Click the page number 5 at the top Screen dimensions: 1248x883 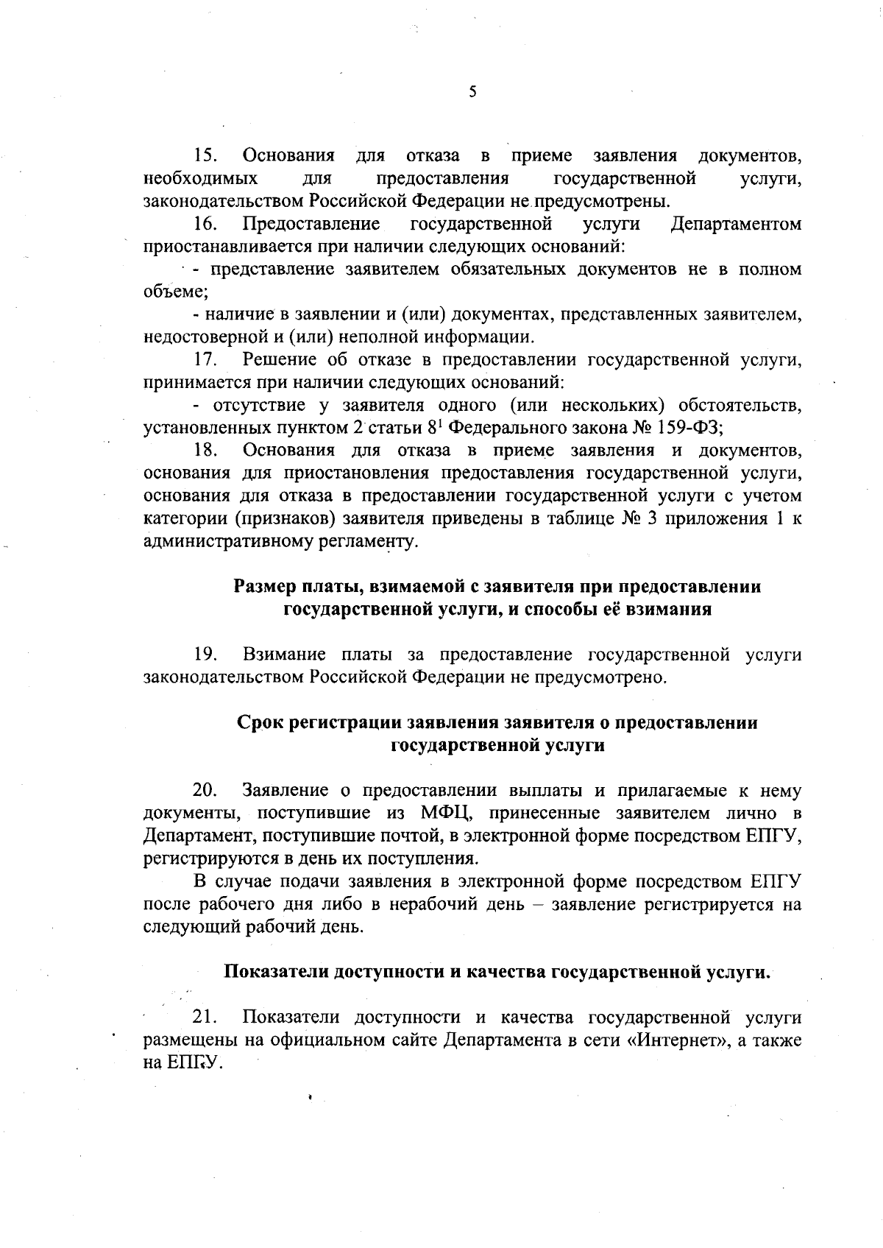click(x=472, y=92)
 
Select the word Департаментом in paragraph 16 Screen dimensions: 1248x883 click(x=736, y=224)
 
